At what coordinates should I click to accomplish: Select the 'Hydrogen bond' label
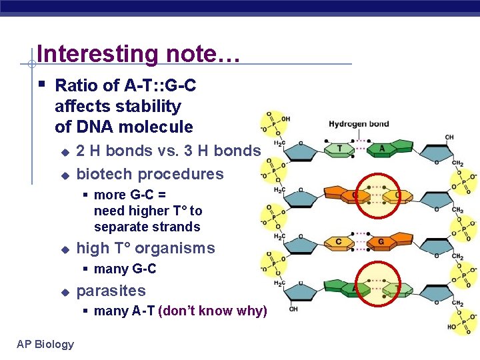click(359, 124)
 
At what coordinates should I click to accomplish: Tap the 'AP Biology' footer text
click(45, 344)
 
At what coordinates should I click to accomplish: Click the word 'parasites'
click(111, 291)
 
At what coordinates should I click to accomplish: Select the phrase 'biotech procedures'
click(150, 174)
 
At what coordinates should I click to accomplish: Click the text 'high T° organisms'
click(145, 248)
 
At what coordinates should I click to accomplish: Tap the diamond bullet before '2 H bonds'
click(65, 151)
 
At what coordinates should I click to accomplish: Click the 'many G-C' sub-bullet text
click(125, 269)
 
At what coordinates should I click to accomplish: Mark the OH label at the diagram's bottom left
click(293, 309)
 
